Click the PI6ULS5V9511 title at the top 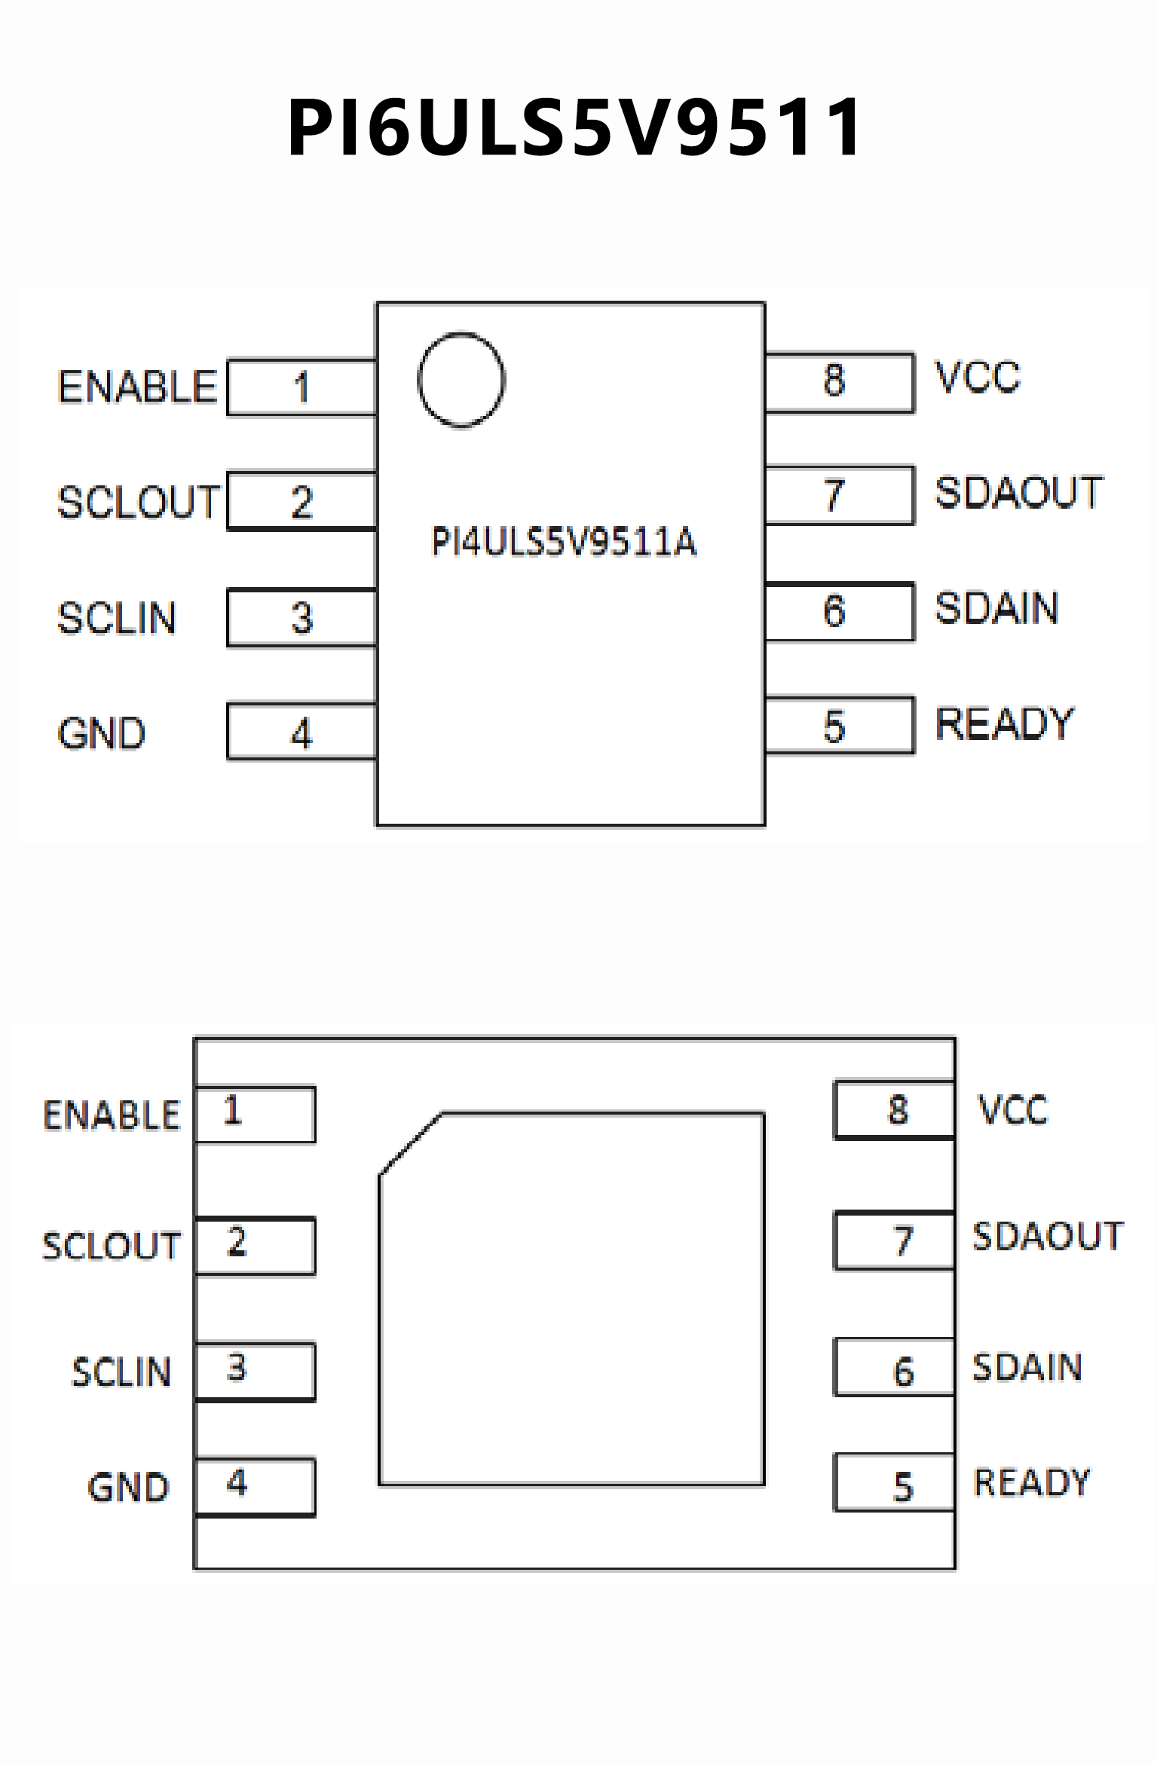[x=574, y=127]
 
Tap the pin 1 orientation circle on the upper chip [x=461, y=380]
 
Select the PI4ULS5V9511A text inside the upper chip [x=564, y=541]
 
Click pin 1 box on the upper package [x=302, y=387]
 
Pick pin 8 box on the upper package [x=839, y=382]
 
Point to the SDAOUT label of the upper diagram [x=1018, y=493]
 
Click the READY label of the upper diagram [x=1004, y=724]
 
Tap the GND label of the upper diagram [x=102, y=733]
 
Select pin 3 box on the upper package [x=302, y=618]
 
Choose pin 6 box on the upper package [x=839, y=611]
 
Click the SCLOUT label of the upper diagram [x=139, y=503]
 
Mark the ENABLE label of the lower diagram [x=112, y=1115]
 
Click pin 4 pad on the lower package [x=255, y=1487]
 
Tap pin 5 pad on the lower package [x=894, y=1482]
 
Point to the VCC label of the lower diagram [x=1013, y=1110]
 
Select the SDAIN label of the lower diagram [x=1027, y=1367]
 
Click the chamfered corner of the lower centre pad [x=409, y=1143]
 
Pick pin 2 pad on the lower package [x=255, y=1246]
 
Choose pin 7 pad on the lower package [x=894, y=1240]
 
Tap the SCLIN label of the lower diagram [x=121, y=1372]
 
